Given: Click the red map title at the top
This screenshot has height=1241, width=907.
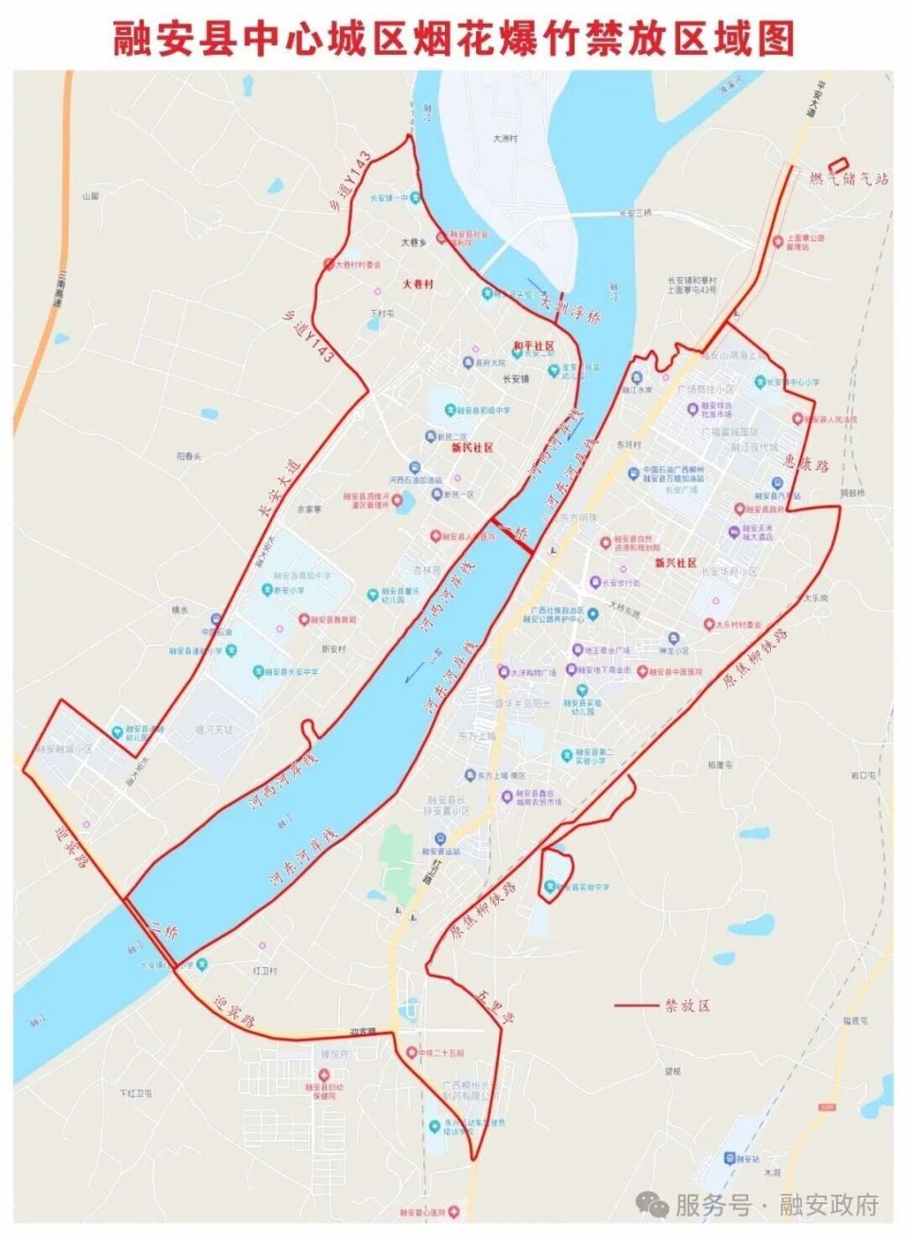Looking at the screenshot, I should (453, 39).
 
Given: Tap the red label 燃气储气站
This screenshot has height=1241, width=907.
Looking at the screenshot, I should (848, 179).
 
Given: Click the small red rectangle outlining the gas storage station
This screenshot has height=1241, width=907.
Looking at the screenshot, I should (839, 164).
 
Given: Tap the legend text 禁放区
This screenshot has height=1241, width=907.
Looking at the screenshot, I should (687, 1005).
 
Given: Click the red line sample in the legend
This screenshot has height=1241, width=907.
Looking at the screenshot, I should (635, 1006).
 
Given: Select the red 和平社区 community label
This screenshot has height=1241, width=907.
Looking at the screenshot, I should (533, 347).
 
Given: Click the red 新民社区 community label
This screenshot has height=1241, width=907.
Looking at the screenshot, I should (472, 448).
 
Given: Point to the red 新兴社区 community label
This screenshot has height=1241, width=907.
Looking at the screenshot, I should (676, 562).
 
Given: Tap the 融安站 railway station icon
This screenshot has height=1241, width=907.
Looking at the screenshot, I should (729, 1158).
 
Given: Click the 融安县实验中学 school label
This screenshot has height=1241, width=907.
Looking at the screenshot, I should (583, 888).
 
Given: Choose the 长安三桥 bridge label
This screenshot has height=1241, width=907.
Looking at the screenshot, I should (635, 214).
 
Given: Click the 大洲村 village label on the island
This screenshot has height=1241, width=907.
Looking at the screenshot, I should (505, 139).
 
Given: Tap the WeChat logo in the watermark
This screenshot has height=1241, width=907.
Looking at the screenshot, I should (652, 1204).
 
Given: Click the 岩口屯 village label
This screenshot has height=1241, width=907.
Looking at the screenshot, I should (864, 774).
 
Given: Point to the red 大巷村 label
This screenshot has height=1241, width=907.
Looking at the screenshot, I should (417, 284).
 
